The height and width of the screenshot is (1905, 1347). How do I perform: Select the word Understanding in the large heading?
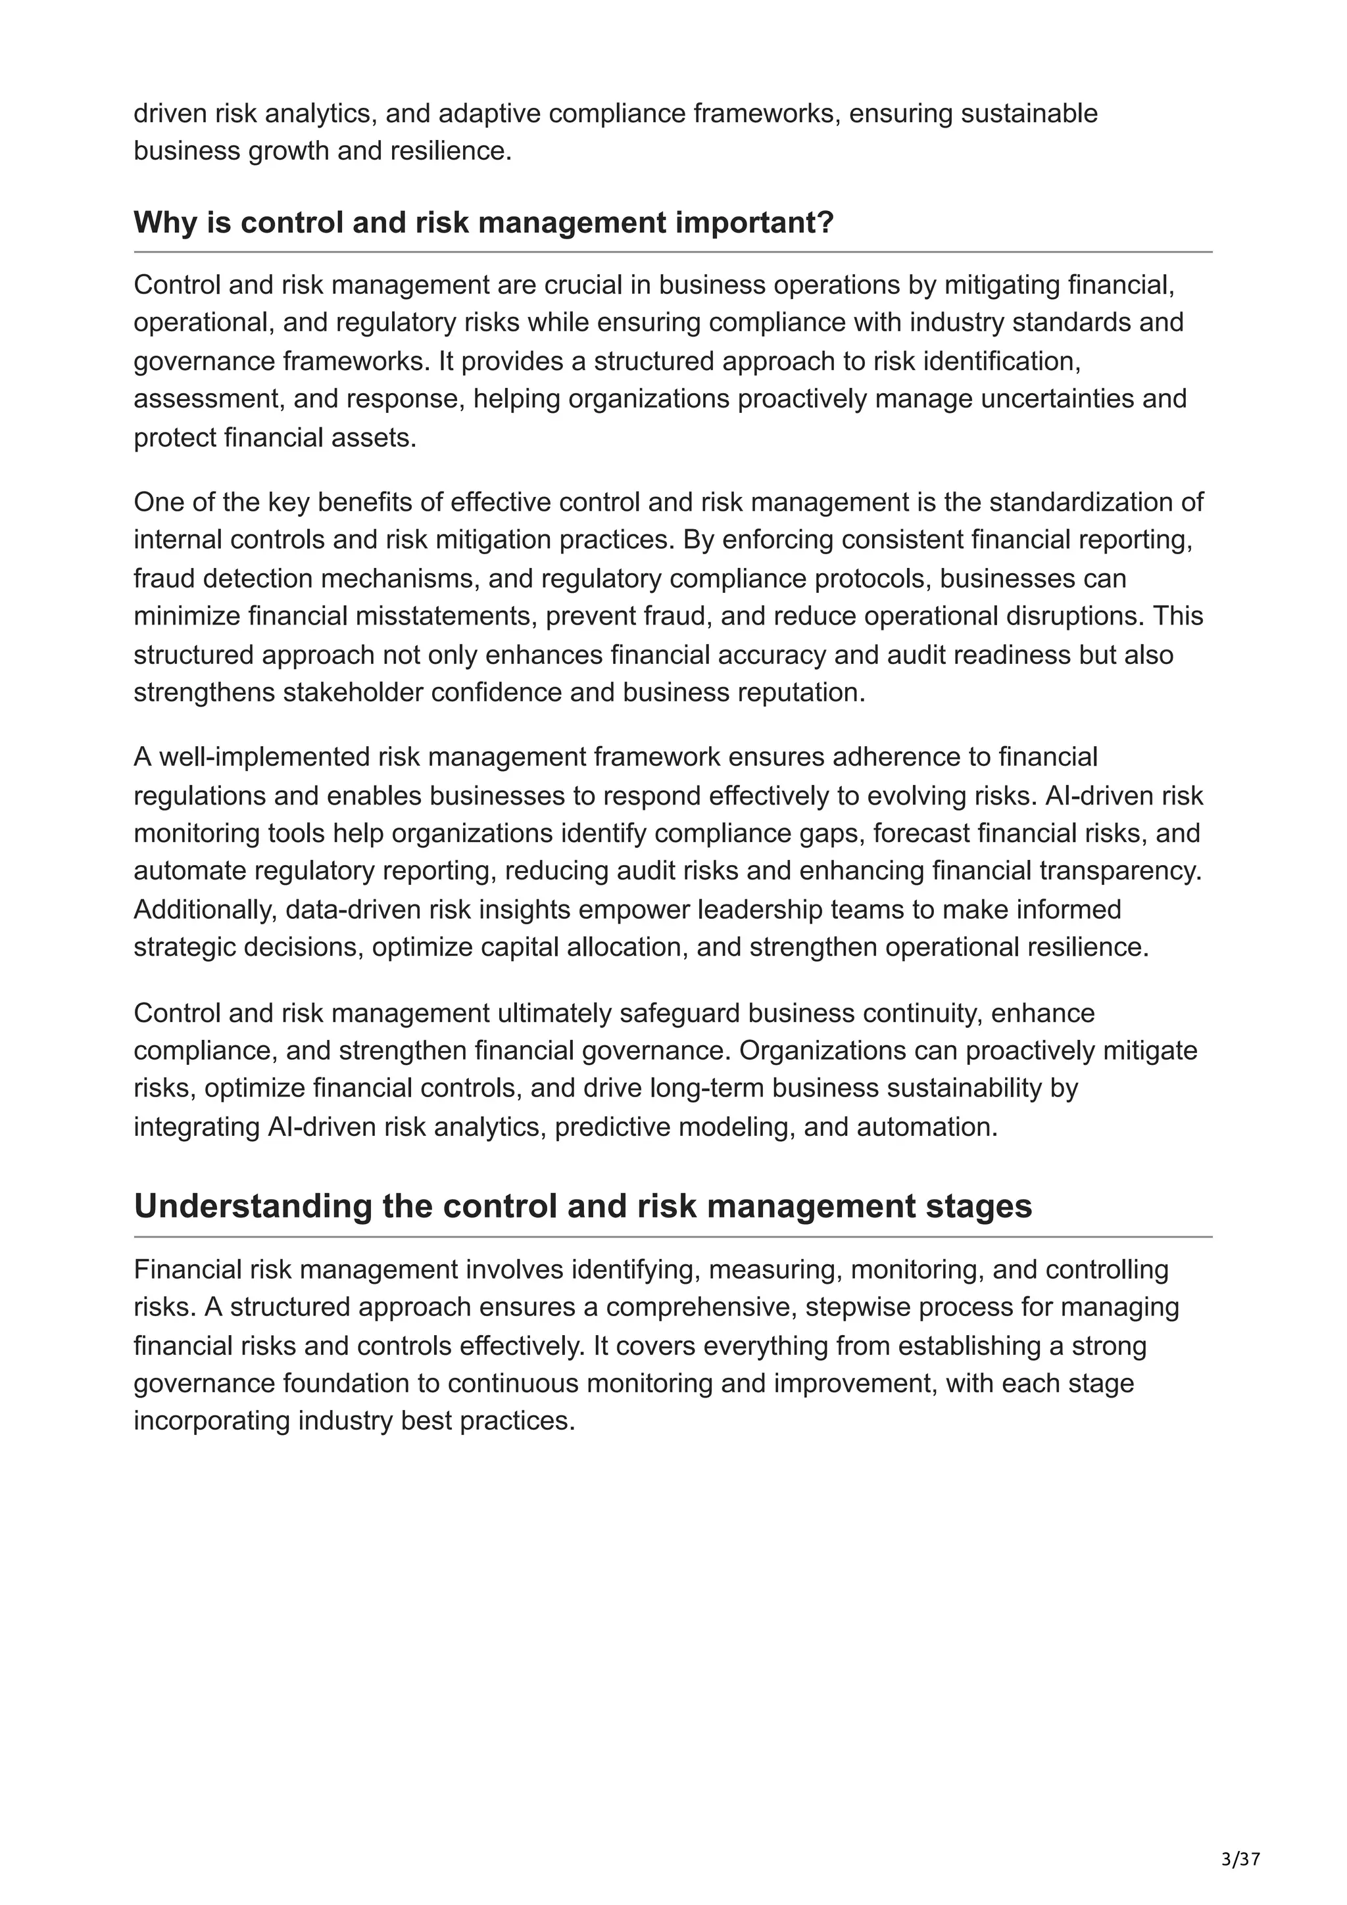pos(253,1206)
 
